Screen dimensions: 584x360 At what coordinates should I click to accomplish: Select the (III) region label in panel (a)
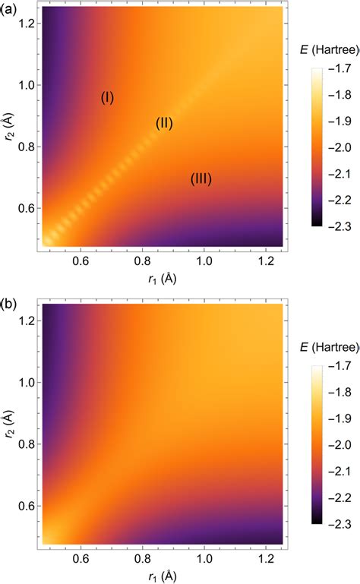pyautogui.click(x=201, y=179)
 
